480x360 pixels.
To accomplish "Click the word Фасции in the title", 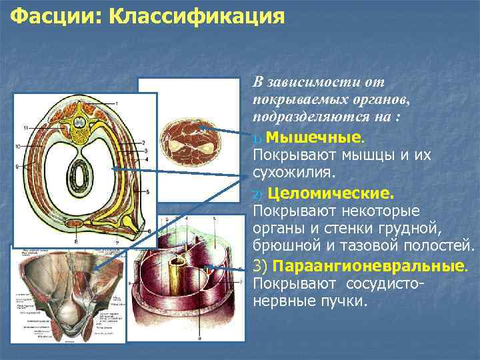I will [x=49, y=15].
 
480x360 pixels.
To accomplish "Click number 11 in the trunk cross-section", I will [x=25, y=127].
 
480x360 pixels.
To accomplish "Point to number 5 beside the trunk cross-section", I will [x=148, y=192].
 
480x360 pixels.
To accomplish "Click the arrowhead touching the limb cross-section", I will [x=203, y=127].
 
